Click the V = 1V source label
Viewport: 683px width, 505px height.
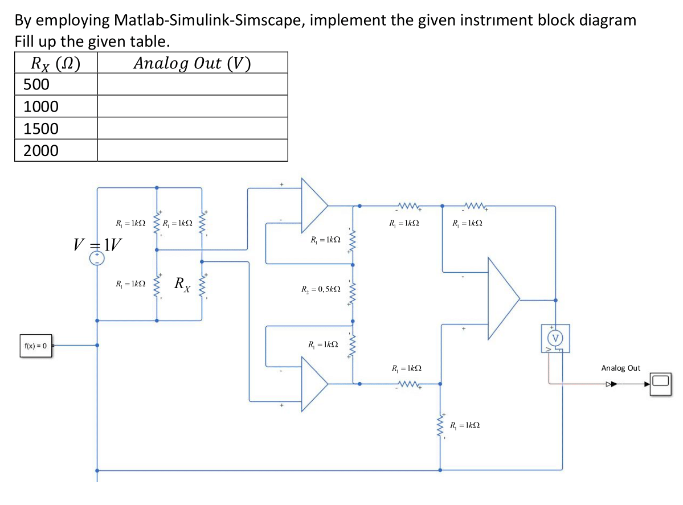click(x=97, y=245)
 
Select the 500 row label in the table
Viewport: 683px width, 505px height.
click(x=37, y=84)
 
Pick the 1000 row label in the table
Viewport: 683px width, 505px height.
click(x=41, y=106)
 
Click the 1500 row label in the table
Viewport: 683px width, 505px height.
click(x=41, y=129)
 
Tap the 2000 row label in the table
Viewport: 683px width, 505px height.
click(x=41, y=151)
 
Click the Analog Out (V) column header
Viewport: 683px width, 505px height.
click(x=192, y=63)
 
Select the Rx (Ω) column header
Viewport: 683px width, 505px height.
click(x=55, y=63)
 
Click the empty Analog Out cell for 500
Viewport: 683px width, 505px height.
click(x=192, y=84)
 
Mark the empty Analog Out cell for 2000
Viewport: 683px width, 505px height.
click(x=192, y=151)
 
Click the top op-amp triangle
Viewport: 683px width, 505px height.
click(x=313, y=204)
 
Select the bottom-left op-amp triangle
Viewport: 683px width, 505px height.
click(x=313, y=384)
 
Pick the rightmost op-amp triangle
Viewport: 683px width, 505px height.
click(x=501, y=298)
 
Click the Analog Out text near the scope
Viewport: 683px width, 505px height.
click(x=620, y=368)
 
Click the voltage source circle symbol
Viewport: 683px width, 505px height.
click(x=97, y=259)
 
